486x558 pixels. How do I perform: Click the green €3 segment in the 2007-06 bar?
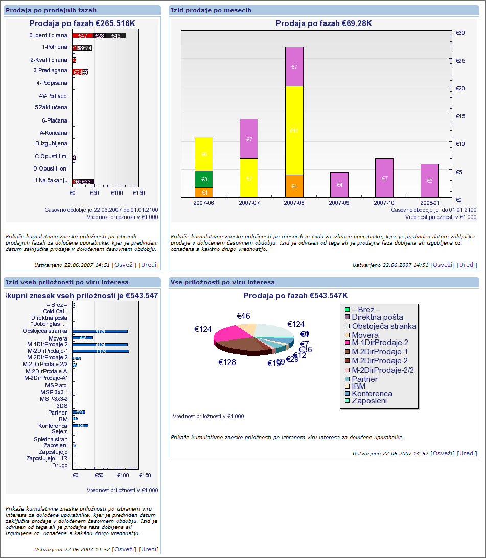(x=204, y=179)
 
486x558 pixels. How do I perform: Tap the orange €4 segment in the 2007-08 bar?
(x=294, y=186)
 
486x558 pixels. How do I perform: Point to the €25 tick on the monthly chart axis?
(x=460, y=61)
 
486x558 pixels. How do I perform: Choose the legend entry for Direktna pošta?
(x=377, y=317)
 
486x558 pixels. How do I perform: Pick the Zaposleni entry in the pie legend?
(x=369, y=401)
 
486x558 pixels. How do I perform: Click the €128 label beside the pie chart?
(x=227, y=362)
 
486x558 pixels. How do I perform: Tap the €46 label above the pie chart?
(x=243, y=316)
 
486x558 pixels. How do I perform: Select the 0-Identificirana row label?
(x=49, y=36)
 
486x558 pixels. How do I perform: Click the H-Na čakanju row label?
(x=51, y=180)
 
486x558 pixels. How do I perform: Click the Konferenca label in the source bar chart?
(x=53, y=426)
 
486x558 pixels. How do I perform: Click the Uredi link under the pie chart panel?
(x=467, y=453)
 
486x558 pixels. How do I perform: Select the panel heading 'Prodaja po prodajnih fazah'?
(x=51, y=10)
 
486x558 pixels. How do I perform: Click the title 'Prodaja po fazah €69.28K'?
(x=324, y=23)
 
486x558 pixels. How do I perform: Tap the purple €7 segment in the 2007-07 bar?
(x=249, y=139)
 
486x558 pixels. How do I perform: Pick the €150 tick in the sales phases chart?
(x=138, y=193)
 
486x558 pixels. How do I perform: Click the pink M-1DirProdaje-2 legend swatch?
(x=347, y=342)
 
